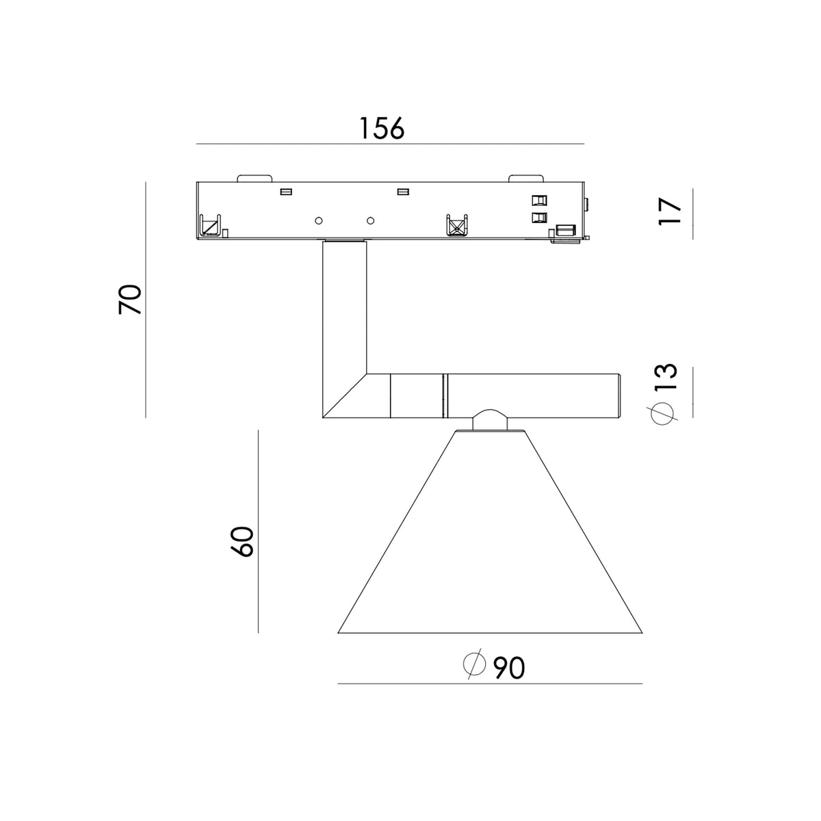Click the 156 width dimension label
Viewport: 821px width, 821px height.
382,128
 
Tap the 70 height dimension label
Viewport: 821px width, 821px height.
130,300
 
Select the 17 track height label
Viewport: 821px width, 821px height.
670,211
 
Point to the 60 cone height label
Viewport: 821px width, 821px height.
242,541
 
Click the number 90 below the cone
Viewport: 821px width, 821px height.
509,668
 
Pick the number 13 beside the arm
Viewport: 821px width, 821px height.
666,376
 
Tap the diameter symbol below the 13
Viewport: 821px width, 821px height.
663,413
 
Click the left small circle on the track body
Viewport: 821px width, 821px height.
318,220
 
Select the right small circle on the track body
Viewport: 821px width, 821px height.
371,220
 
